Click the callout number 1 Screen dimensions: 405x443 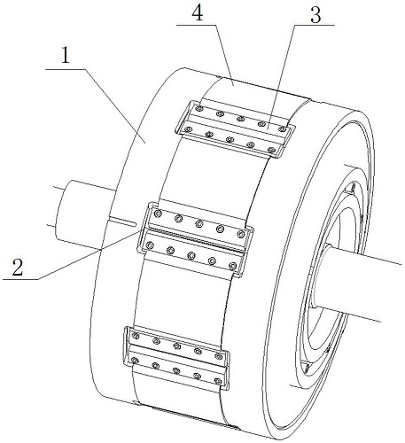pyautogui.click(x=66, y=55)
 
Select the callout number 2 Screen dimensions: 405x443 pyautogui.click(x=18, y=267)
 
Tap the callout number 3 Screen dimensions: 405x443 pyautogui.click(x=315, y=15)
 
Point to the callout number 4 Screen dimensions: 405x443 pyautogui.click(x=198, y=13)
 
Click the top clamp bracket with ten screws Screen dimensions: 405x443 pyautogui.click(x=235, y=129)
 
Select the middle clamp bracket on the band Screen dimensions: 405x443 pyautogui.click(x=195, y=239)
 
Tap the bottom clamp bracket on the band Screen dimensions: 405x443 pyautogui.click(x=175, y=358)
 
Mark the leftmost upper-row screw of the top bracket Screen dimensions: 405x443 pyautogui.click(x=200, y=109)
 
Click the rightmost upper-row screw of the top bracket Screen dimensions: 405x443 pyautogui.click(x=283, y=129)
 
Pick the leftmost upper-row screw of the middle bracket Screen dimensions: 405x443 pyautogui.click(x=158, y=214)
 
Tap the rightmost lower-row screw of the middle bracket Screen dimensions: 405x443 pyautogui.click(x=233, y=267)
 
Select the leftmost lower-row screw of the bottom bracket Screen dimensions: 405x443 pyautogui.click(x=135, y=361)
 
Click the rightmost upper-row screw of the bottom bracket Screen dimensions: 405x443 pyautogui.click(x=219, y=356)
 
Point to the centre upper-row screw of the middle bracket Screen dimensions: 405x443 pyautogui.click(x=199, y=224)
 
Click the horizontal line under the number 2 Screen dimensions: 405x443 pyautogui.click(x=20, y=279)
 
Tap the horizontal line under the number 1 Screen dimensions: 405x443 pyautogui.click(x=66, y=69)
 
